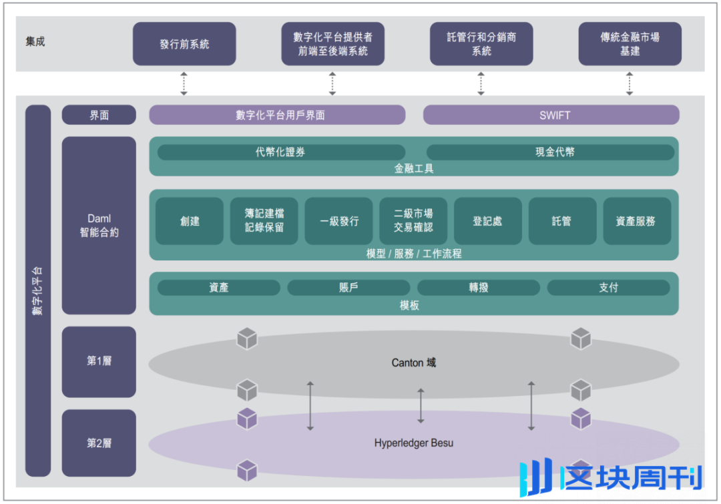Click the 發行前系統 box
click(x=184, y=44)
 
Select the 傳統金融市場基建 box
click(x=630, y=44)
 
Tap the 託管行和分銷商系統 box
click(x=481, y=44)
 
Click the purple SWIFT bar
click(x=551, y=115)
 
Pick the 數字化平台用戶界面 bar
click(x=277, y=115)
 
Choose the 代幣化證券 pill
click(x=281, y=152)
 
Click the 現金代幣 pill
click(x=551, y=152)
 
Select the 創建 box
click(x=190, y=221)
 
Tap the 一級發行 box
click(x=339, y=221)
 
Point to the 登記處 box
click(x=487, y=221)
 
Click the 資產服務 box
click(x=637, y=221)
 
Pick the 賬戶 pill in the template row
click(x=348, y=288)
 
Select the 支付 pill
click(x=608, y=288)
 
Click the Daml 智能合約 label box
click(x=99, y=226)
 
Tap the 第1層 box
click(x=99, y=361)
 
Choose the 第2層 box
click(x=99, y=443)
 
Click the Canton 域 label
click(x=414, y=363)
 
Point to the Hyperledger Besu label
click(x=414, y=443)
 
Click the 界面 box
click(x=99, y=115)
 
